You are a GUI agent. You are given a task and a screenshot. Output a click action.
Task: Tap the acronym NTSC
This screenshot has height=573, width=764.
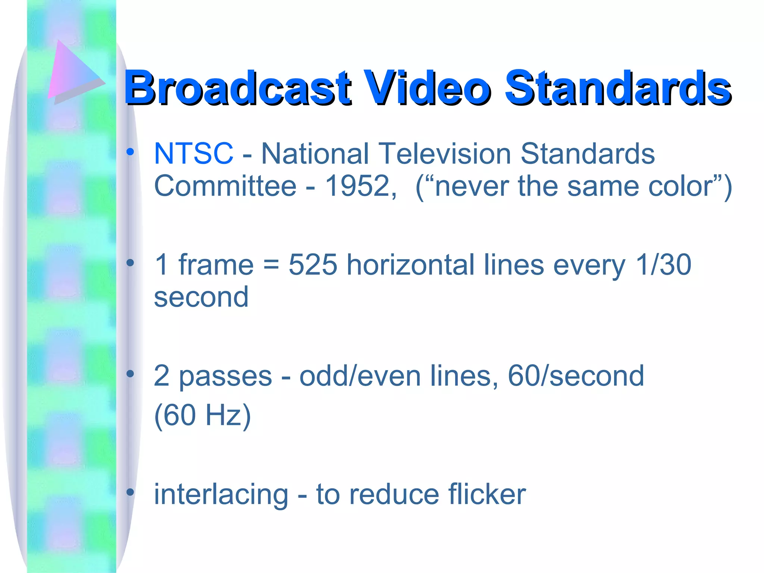194,153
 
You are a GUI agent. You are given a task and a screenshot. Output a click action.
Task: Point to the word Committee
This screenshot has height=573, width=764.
225,186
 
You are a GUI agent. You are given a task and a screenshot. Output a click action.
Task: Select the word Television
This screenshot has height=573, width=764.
445,153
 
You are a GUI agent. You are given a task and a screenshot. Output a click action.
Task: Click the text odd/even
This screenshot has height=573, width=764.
360,376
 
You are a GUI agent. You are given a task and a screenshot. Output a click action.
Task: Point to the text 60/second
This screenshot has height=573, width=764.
576,376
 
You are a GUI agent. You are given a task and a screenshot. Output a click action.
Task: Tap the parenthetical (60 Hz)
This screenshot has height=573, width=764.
202,415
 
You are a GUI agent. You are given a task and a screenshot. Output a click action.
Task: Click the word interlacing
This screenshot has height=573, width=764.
221,495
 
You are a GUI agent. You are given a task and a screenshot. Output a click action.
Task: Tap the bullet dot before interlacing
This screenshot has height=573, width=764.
130,492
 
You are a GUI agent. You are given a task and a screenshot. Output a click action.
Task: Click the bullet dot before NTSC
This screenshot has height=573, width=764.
130,152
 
